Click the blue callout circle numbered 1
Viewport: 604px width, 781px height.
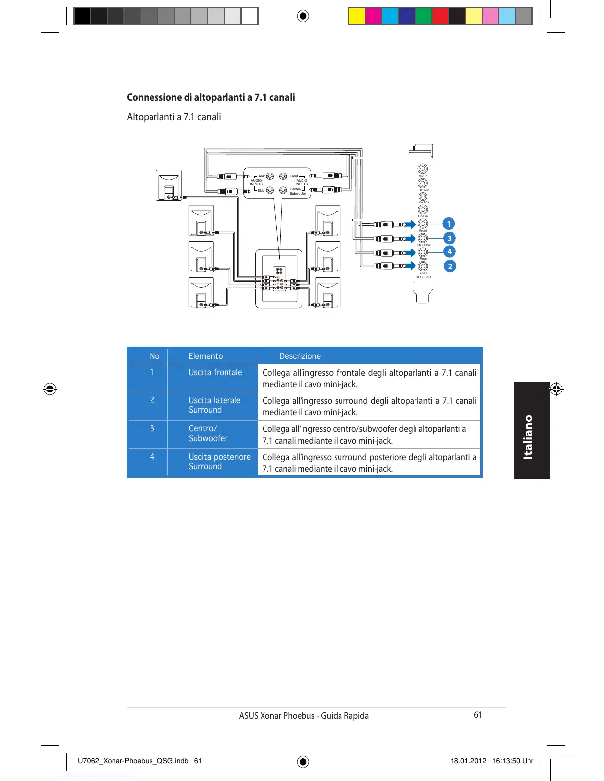[449, 224]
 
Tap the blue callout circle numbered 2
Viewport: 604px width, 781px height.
[449, 266]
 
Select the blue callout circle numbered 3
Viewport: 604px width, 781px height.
[449, 238]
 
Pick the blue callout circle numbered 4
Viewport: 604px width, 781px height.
[449, 252]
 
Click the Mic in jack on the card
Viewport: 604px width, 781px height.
[423, 169]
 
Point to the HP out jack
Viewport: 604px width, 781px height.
[423, 183]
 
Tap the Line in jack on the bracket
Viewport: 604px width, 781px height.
[423, 210]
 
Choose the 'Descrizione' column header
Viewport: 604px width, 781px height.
[300, 356]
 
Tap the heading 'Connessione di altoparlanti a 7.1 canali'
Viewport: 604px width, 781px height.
[211, 97]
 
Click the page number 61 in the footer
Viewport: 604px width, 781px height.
[478, 715]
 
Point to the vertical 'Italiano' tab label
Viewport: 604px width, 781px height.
[528, 437]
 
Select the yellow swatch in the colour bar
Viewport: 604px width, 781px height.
[356, 16]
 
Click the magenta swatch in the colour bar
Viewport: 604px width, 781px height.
[373, 16]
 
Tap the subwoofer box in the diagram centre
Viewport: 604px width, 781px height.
[278, 279]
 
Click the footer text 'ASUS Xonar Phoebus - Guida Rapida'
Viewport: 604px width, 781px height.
[303, 716]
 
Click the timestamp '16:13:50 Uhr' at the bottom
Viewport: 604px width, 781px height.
[513, 761]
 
